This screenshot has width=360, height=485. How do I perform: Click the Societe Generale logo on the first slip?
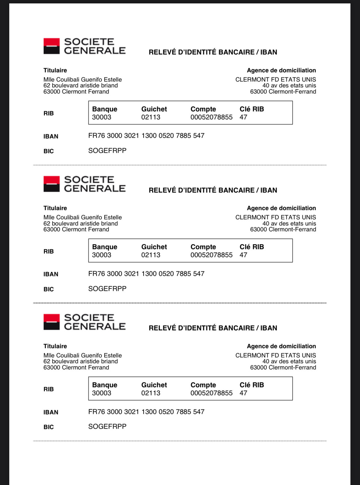[x=84, y=46]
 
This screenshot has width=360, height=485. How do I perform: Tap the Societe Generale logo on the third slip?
[x=84, y=322]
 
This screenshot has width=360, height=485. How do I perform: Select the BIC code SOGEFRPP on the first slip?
[x=107, y=151]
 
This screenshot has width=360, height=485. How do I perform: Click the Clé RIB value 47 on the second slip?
[x=243, y=255]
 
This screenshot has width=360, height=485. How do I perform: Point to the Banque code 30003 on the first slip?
[x=102, y=117]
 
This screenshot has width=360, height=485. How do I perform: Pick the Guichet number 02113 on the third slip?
[x=151, y=393]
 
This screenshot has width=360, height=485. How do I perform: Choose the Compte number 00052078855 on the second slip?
[x=211, y=255]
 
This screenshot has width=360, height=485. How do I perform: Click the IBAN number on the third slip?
[x=146, y=412]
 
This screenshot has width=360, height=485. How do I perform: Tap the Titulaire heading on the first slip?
[x=55, y=70]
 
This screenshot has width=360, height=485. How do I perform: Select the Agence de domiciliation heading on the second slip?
[x=281, y=208]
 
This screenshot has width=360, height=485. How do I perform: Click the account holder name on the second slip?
[x=82, y=217]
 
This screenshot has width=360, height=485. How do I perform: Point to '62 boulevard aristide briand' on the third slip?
[x=81, y=361]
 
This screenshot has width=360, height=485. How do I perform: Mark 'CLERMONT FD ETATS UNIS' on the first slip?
[x=276, y=80]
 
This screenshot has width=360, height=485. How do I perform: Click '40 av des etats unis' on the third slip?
[x=289, y=361]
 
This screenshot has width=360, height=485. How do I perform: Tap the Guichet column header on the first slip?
[x=154, y=109]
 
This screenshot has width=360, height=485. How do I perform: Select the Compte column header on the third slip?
[x=203, y=385]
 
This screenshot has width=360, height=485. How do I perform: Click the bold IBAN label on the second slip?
[x=51, y=274]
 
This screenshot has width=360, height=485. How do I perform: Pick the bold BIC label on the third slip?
[x=49, y=427]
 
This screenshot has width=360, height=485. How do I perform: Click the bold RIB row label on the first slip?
[x=49, y=113]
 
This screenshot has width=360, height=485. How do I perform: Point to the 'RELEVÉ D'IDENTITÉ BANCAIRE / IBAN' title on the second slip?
[x=213, y=190]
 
